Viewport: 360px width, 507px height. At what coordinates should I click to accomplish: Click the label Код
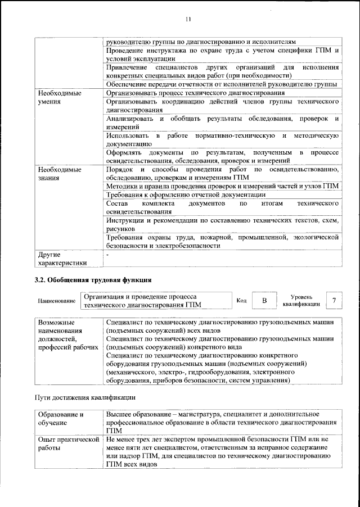pos(241,301)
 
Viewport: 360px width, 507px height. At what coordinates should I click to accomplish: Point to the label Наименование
pos(57,301)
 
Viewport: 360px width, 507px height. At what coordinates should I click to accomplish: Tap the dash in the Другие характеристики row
pos(107,255)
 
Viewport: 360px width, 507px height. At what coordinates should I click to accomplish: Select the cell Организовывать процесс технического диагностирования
pos(195,92)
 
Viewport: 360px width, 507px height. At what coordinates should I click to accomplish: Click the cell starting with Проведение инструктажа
pos(222,55)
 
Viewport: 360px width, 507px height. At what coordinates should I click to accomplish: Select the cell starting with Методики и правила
pos(222,185)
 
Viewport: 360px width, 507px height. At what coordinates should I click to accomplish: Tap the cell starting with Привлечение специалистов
pos(222,72)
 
